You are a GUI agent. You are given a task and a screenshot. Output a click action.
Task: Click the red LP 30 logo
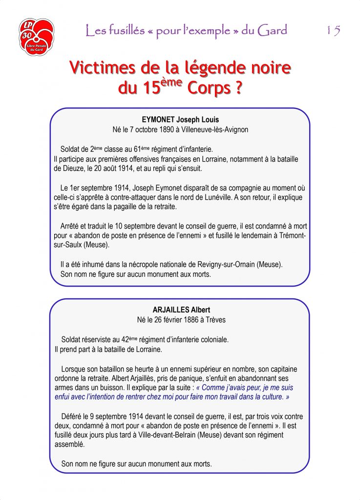click(36, 37)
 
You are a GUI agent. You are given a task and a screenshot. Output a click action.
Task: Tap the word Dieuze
click(74, 168)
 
